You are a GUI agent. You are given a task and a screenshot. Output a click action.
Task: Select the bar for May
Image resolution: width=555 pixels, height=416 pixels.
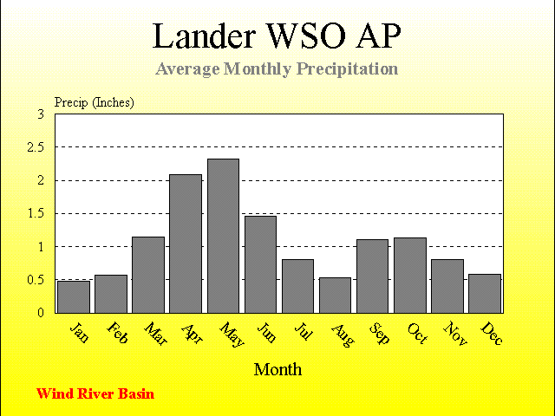pos(223,236)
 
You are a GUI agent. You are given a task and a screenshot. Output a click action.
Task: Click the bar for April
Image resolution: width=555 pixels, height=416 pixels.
pos(186,244)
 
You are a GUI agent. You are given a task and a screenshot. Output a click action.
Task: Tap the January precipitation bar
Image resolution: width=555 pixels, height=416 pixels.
pos(74,296)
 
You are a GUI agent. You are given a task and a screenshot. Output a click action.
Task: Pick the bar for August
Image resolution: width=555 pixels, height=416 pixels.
pos(335,296)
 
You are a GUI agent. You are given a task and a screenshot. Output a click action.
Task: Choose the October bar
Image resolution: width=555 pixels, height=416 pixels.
pos(410,276)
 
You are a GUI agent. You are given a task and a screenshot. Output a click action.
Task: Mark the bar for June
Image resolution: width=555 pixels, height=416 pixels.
pos(260,264)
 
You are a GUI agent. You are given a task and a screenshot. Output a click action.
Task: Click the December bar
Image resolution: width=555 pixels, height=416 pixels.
pos(485,294)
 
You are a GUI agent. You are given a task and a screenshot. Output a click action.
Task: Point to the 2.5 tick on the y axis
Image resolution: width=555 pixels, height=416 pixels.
pos(36,147)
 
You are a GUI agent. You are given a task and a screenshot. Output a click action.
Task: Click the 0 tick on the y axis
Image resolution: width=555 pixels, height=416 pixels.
pos(41,313)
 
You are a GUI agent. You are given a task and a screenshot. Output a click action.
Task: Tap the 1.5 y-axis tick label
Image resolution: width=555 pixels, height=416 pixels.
pos(36,214)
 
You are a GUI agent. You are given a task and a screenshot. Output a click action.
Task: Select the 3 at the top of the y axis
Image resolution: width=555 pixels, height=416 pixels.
pos(41,114)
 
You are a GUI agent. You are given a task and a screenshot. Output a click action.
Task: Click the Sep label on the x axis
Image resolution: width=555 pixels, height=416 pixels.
pos(379,333)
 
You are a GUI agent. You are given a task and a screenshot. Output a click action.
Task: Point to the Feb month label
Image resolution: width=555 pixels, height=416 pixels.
pos(117,333)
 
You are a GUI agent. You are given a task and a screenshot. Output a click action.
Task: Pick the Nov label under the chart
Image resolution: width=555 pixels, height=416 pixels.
pos(455,333)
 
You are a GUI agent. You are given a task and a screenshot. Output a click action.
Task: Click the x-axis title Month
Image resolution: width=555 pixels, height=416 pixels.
pos(277,370)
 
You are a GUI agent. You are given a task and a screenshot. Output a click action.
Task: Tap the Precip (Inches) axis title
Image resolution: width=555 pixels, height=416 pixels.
pos(95,102)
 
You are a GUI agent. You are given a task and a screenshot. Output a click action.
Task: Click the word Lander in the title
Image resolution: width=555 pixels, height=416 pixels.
pos(204,36)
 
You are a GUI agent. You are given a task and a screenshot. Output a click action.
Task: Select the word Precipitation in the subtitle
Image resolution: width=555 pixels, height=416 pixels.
pos(347,68)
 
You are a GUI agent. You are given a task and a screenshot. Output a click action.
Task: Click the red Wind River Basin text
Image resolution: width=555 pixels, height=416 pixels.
pos(95,393)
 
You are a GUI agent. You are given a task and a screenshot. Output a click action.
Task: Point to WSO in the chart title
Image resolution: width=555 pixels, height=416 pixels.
pos(306,36)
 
